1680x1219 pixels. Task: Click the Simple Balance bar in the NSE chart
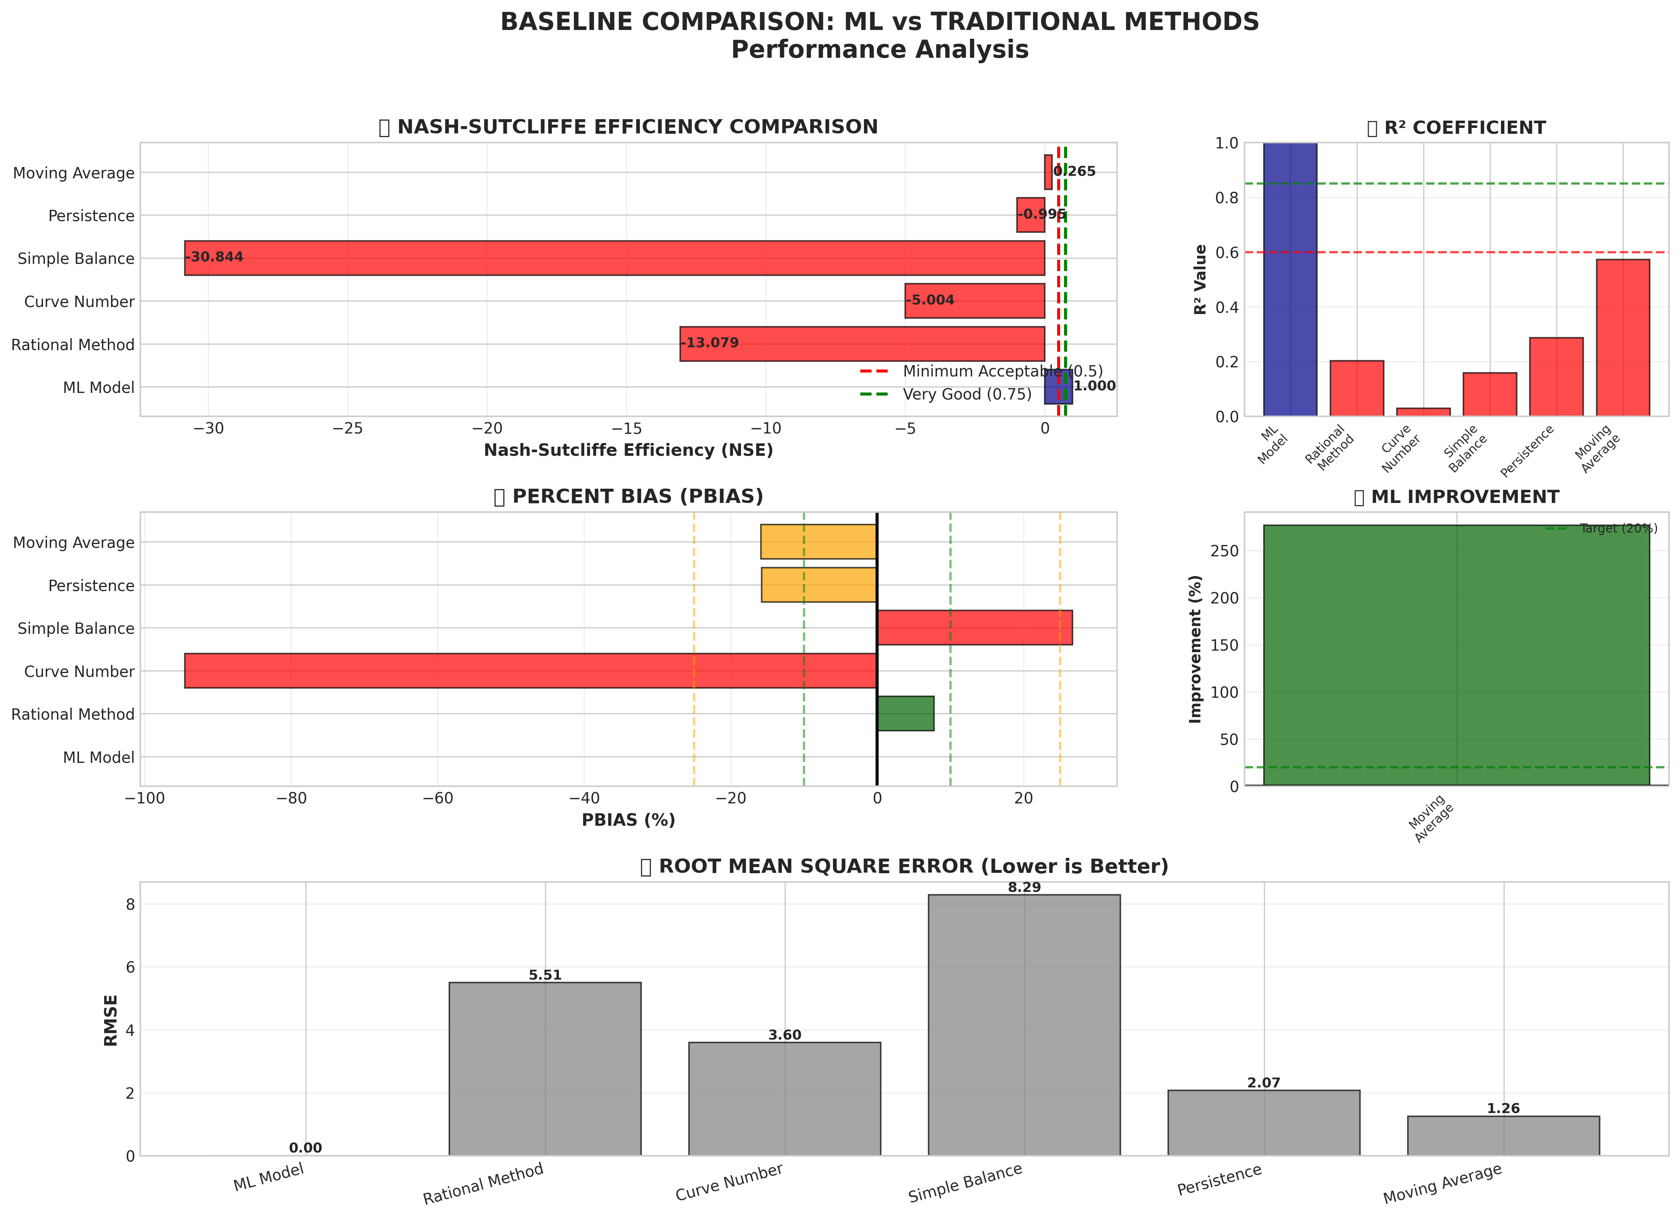click(615, 258)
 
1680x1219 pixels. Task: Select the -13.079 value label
click(710, 343)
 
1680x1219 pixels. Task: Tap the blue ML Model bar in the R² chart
click(1289, 279)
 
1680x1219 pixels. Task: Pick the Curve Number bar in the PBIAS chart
click(530, 671)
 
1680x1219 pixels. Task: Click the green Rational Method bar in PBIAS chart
click(905, 713)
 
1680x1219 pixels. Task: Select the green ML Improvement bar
click(1456, 655)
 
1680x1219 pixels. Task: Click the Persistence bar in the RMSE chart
click(1264, 1123)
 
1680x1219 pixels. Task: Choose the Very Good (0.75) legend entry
click(967, 394)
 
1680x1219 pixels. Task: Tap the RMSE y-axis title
click(111, 1020)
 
